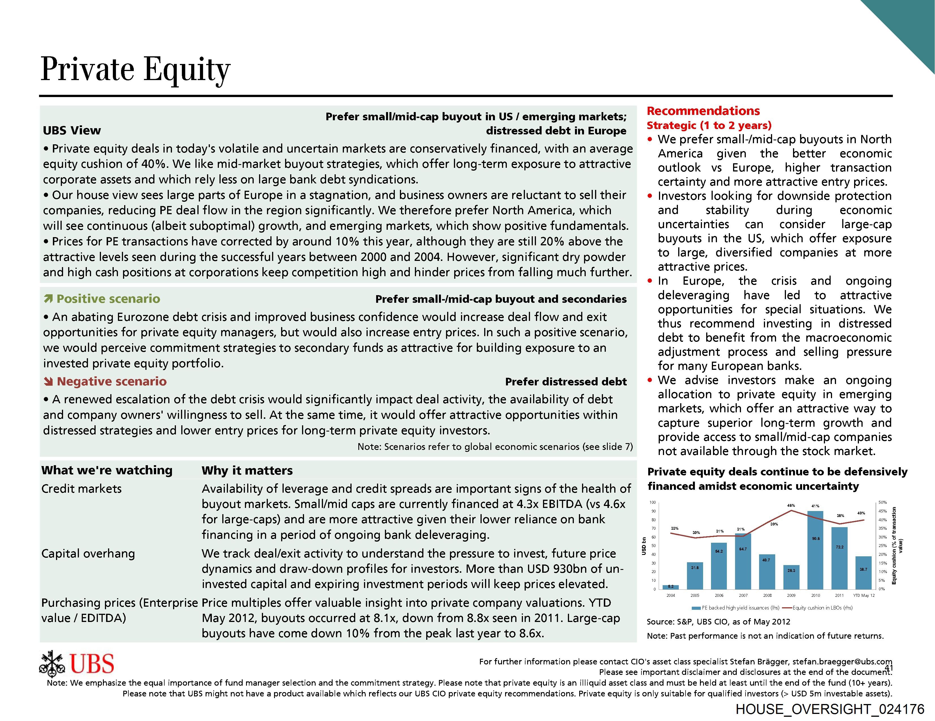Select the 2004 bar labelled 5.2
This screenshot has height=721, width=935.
(671, 587)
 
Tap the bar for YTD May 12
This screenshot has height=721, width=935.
(863, 572)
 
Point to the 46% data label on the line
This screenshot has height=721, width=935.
(791, 505)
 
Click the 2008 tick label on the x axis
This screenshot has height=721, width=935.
(767, 595)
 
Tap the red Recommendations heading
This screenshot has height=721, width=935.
(703, 111)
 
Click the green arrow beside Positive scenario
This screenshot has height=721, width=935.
(48, 299)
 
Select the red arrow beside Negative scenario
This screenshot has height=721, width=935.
(48, 381)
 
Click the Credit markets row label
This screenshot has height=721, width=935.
(81, 489)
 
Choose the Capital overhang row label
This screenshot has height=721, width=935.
(88, 553)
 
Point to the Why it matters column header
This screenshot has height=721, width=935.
(247, 470)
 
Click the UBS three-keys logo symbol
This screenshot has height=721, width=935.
(52, 664)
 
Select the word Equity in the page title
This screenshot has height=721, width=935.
(187, 69)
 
